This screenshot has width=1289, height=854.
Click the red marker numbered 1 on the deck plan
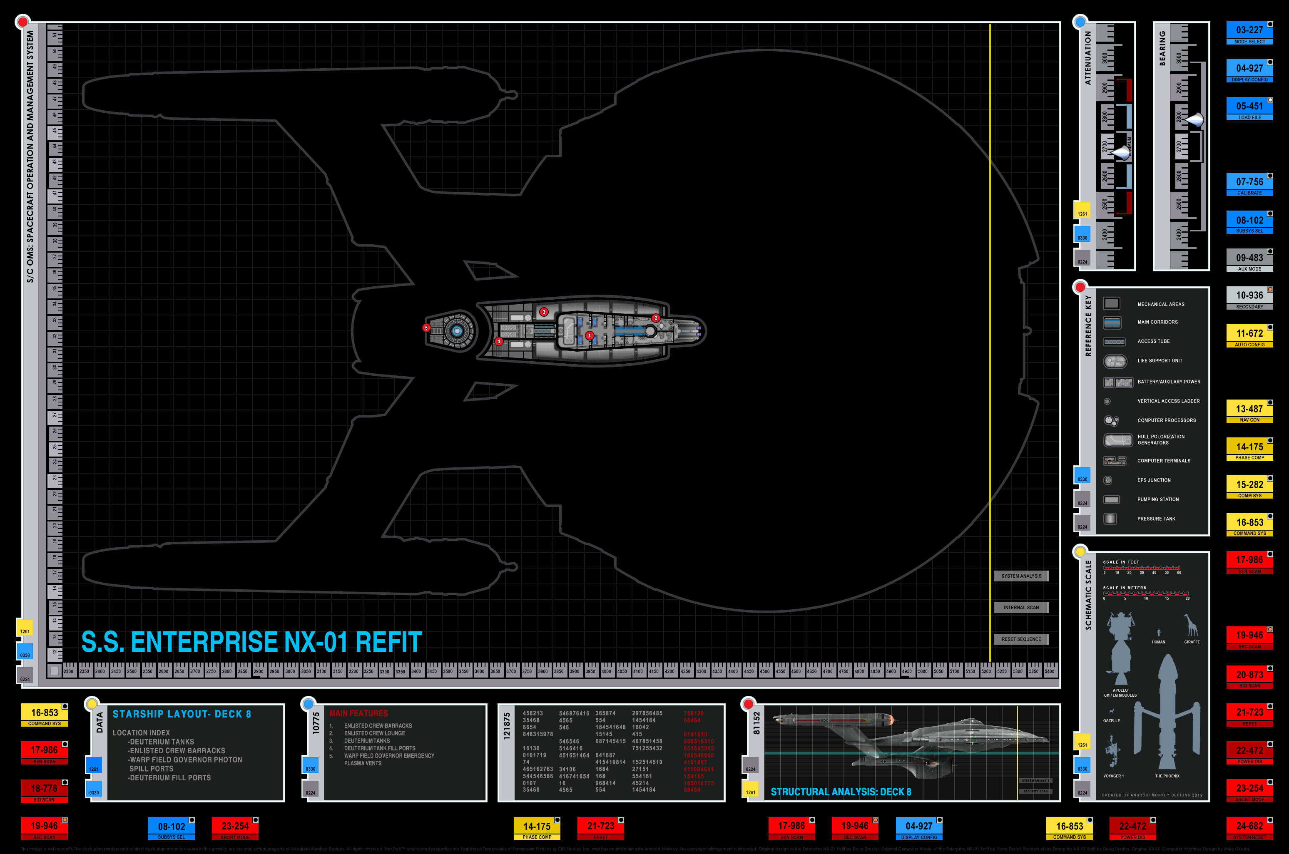pos(589,336)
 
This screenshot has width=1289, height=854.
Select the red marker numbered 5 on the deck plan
pos(426,328)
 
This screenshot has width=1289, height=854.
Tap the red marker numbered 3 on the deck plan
pos(544,312)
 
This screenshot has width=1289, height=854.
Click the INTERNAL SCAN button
pos(1021,608)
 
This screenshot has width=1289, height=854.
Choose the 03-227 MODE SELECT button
pos(1249,33)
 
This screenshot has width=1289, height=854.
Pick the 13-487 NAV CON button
pos(1249,412)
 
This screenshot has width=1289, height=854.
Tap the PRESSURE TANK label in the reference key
pos(1156,519)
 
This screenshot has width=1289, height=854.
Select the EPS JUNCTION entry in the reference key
pos(1154,480)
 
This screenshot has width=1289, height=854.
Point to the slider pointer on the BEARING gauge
pos(1194,119)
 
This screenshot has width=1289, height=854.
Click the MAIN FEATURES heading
pos(358,713)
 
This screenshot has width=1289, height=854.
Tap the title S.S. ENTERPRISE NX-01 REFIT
pos(251,642)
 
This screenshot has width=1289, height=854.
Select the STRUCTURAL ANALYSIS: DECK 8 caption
pos(841,792)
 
